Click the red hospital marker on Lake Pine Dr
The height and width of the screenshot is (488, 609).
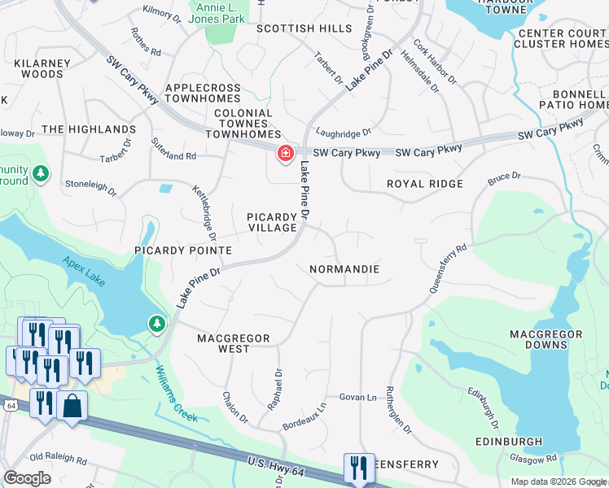285,153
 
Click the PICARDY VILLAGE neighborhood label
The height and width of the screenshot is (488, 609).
273,222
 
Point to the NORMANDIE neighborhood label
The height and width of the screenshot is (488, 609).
344,268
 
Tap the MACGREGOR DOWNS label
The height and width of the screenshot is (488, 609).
545,339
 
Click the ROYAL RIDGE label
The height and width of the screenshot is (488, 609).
424,184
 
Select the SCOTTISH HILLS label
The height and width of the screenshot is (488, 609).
292,28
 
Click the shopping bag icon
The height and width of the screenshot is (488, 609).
72,405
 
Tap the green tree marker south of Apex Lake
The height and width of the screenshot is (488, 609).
156,325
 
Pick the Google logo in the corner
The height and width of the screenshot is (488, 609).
27,478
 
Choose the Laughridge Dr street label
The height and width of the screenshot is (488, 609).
343,131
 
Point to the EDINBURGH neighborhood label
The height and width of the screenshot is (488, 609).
509,442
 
